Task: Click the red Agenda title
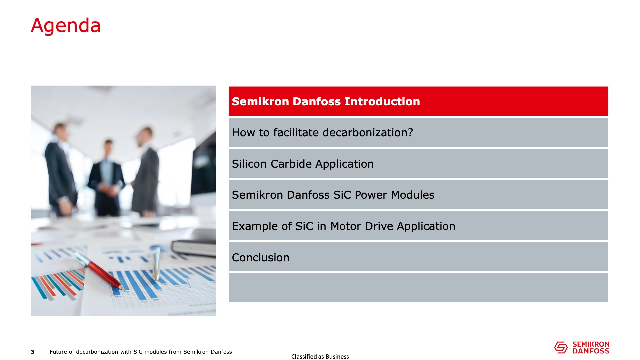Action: (66, 26)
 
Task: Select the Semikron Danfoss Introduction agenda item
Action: (418, 101)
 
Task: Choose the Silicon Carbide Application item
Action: (418, 163)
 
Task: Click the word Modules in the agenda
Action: (413, 195)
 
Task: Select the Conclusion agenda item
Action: (418, 257)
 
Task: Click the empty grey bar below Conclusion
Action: (418, 288)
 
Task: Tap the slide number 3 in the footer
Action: (33, 352)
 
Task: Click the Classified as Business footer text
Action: (320, 357)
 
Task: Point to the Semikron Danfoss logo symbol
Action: (561, 348)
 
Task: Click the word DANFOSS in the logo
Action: (591, 351)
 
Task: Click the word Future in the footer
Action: (58, 352)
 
